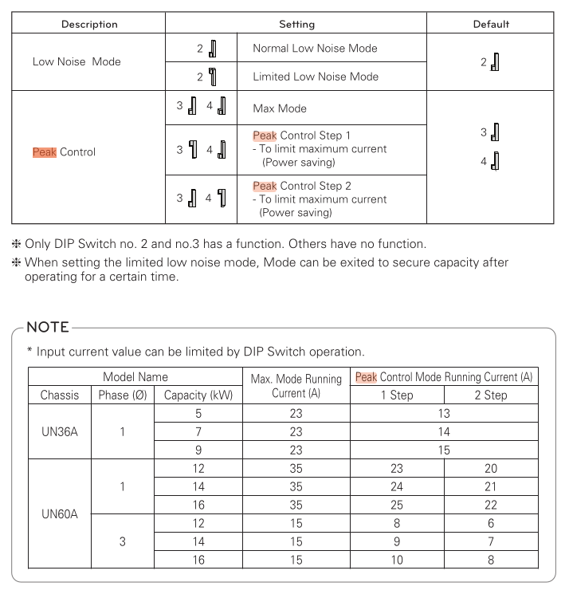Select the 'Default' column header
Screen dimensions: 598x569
point(491,24)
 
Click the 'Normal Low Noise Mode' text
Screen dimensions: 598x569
point(315,49)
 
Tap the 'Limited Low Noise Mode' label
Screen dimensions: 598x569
point(316,77)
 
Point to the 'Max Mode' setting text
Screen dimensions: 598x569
point(280,108)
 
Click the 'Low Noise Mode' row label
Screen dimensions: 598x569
point(77,61)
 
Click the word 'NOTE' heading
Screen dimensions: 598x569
point(48,327)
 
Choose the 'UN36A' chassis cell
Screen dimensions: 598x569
point(60,431)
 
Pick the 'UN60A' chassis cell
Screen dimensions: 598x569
point(60,514)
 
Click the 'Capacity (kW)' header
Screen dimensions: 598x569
point(198,395)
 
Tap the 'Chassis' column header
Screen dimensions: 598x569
point(60,395)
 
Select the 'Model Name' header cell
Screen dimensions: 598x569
point(135,377)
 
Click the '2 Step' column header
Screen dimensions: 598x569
point(490,395)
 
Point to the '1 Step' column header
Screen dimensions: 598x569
point(397,395)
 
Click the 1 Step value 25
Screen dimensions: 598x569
point(397,505)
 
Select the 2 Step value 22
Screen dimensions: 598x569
point(490,505)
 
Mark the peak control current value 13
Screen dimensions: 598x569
point(444,413)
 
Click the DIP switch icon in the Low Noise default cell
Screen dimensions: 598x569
point(495,61)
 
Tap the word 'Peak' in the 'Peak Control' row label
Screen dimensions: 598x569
point(44,152)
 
